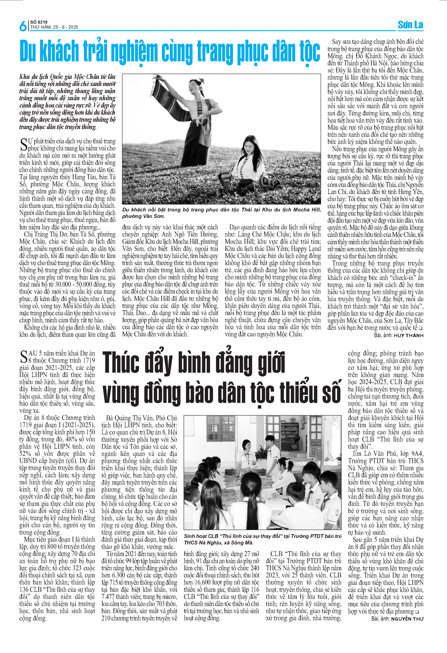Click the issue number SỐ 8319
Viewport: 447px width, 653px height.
pos(39,22)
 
